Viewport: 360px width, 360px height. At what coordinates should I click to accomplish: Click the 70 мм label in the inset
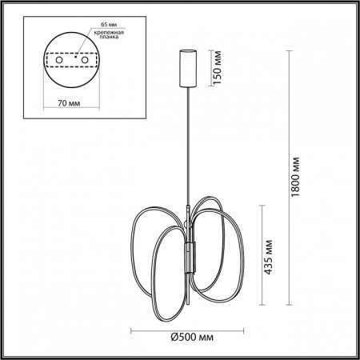pyautogui.click(x=68, y=102)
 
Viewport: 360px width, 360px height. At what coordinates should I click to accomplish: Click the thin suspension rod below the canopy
pyautogui.click(x=190, y=144)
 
